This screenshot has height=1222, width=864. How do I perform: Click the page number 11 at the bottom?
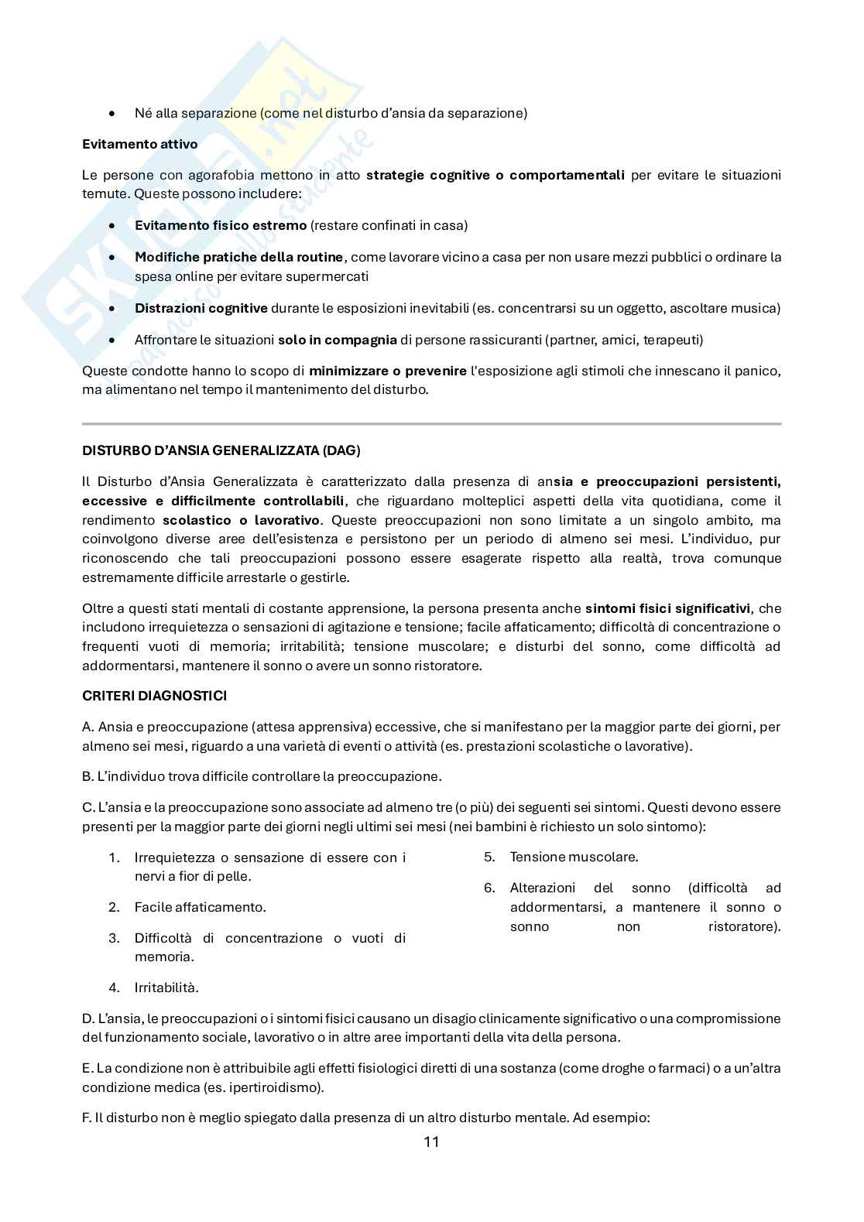coord(432,1142)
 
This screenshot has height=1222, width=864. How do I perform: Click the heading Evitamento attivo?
coord(139,144)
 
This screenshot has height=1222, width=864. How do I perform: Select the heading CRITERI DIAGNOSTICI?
coord(154,696)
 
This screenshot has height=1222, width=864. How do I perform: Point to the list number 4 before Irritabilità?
coord(114,988)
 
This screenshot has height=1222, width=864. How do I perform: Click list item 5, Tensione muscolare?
coord(574,857)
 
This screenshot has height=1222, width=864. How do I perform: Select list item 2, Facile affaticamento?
coord(200,907)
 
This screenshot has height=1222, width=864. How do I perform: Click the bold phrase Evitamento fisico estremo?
coord(221,226)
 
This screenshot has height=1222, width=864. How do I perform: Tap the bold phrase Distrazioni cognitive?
coord(201,308)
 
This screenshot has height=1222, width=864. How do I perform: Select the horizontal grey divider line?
coord(431,423)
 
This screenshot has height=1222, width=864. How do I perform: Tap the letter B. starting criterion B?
coord(87,776)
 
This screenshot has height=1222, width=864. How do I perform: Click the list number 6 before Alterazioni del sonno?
coord(489,888)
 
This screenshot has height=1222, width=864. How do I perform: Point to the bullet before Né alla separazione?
coord(113,114)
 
